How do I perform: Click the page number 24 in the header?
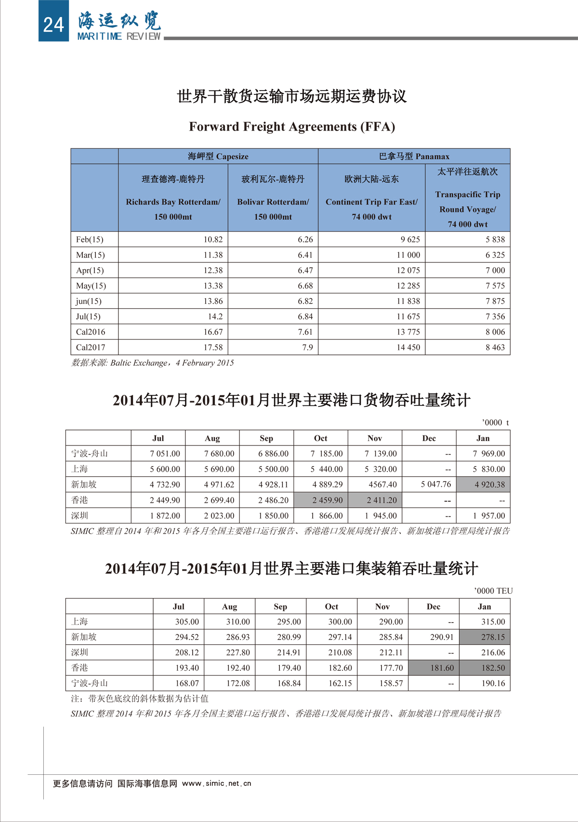tap(53, 24)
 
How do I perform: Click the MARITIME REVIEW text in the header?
tap(118, 37)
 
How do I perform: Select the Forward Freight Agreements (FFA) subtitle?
tap(292, 127)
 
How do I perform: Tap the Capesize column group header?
tap(218, 157)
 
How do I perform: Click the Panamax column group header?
tap(414, 157)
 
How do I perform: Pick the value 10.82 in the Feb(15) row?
tap(213, 239)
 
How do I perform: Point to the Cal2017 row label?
tap(91, 347)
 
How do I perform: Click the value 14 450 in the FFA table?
tap(408, 347)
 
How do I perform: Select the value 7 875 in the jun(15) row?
tap(495, 301)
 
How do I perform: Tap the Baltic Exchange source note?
tap(153, 363)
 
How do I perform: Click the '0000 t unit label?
tap(496, 422)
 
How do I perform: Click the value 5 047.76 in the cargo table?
tap(436, 484)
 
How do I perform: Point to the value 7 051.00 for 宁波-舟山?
tap(165, 454)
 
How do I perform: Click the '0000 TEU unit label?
tap(494, 591)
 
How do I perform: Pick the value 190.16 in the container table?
tap(493, 683)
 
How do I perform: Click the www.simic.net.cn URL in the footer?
tap(217, 783)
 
